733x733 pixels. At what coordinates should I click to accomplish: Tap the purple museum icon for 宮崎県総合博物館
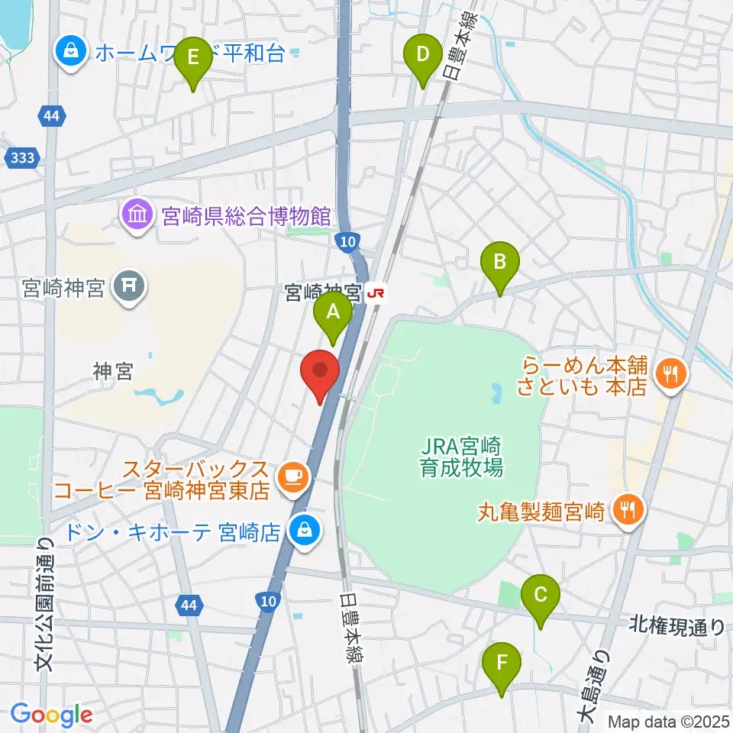point(136,215)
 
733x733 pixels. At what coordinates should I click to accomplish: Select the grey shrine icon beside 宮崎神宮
point(128,288)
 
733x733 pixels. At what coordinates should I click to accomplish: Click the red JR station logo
point(375,292)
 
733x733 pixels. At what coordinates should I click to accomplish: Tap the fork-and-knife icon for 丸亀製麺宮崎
point(628,507)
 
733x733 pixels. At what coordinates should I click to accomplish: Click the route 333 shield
point(22,158)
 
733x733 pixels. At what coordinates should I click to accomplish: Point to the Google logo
point(51,715)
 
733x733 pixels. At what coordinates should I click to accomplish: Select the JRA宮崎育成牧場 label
point(461,455)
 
